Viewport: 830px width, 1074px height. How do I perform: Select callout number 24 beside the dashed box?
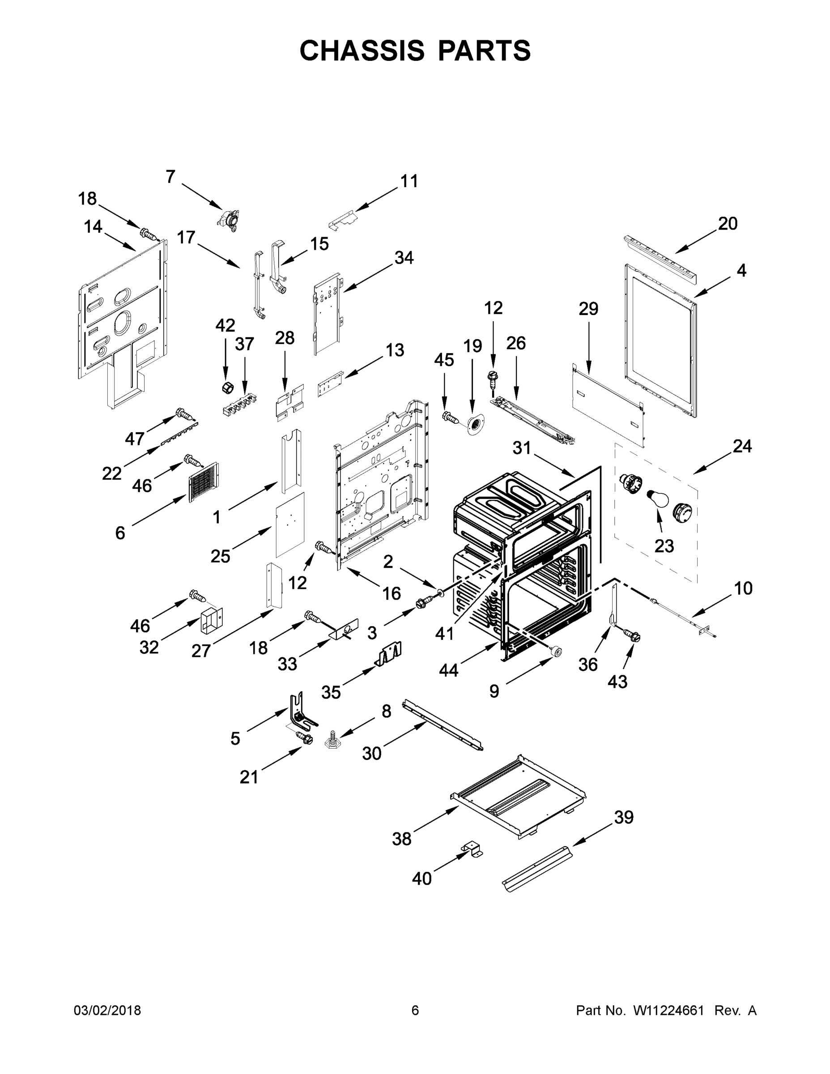pos(742,446)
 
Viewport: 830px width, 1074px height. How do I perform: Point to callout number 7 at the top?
pos(170,177)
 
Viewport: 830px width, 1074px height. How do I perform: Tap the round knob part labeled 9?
pos(556,652)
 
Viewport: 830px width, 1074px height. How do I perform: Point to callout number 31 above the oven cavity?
pos(522,447)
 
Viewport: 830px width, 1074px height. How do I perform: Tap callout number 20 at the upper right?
pos(728,223)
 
